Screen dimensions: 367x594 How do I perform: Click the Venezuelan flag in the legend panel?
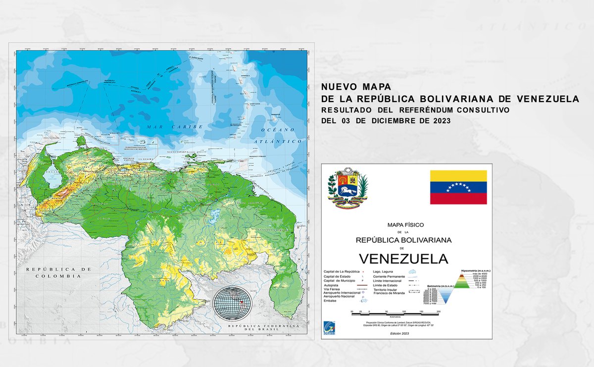[458, 187]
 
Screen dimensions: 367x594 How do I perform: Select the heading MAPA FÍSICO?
[402, 224]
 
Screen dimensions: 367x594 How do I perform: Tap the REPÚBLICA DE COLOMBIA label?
[58, 272]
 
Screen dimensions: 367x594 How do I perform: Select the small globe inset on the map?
[232, 303]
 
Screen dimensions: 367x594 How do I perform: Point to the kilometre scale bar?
[395, 312]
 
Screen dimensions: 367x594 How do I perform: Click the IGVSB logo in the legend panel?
[330, 327]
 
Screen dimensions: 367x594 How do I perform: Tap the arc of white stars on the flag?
[458, 186]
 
